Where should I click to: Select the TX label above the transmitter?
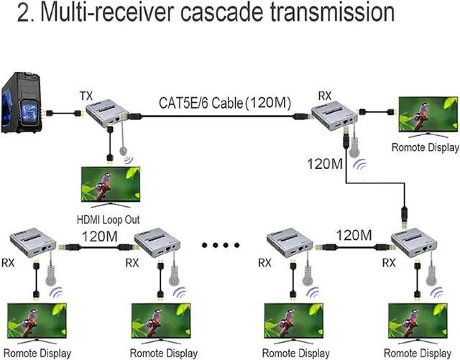click(86, 96)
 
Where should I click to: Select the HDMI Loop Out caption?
click(107, 220)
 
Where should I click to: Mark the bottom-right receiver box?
click(415, 241)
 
